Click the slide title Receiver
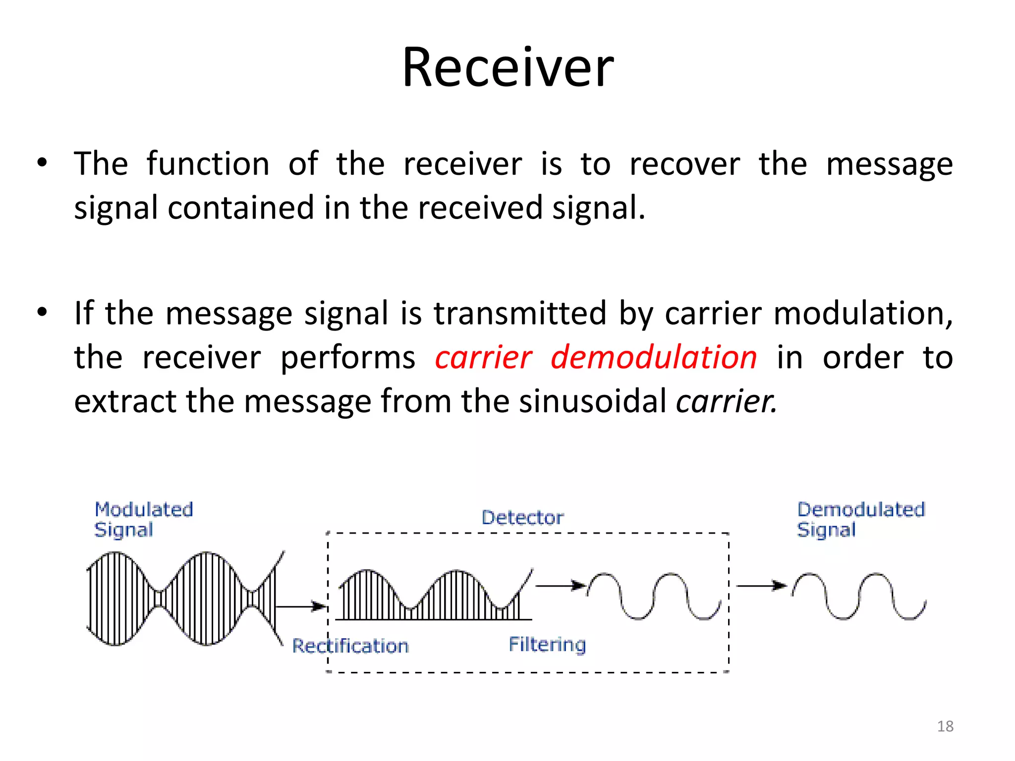(507, 67)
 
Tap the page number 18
(945, 726)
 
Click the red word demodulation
(653, 357)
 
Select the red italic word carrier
(483, 357)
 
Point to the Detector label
(522, 518)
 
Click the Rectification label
(350, 646)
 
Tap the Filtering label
(547, 645)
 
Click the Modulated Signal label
(143, 519)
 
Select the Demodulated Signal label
(860, 519)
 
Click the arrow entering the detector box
(300, 606)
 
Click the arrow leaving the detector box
(761, 586)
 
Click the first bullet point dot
(42, 163)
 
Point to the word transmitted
(520, 314)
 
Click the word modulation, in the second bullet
(862, 314)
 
